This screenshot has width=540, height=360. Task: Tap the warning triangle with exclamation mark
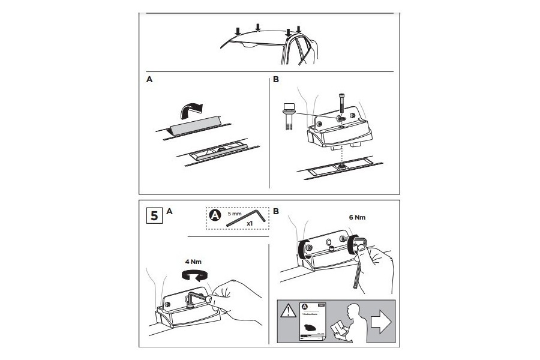(289, 310)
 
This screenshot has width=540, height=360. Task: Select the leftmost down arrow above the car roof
(238, 31)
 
